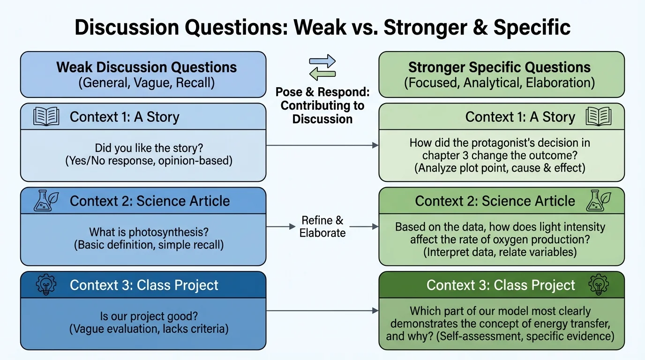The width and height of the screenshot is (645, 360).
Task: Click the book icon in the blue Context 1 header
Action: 46,116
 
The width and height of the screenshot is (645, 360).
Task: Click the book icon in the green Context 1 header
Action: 599,116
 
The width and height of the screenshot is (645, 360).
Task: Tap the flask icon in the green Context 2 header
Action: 599,201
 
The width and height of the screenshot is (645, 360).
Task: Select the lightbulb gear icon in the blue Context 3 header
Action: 46,285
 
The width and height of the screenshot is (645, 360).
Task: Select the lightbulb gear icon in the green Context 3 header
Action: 599,285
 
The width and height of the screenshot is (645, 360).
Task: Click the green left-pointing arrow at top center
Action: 322,74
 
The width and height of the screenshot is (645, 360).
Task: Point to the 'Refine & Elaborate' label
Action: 322,226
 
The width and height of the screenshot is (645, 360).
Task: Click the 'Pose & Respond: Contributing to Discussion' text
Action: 322,105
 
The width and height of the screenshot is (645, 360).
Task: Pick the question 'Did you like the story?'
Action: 149,148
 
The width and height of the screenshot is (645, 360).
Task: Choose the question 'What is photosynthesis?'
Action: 149,232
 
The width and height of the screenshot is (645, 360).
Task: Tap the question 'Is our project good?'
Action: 149,316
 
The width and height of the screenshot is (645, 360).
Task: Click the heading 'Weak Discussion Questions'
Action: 146,67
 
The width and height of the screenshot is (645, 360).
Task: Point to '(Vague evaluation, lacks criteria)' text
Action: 149,329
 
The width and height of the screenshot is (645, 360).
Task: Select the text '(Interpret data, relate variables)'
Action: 500,252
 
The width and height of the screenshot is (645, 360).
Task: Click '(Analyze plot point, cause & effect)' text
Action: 500,168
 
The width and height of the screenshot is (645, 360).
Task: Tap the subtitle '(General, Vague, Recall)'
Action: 146,83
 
